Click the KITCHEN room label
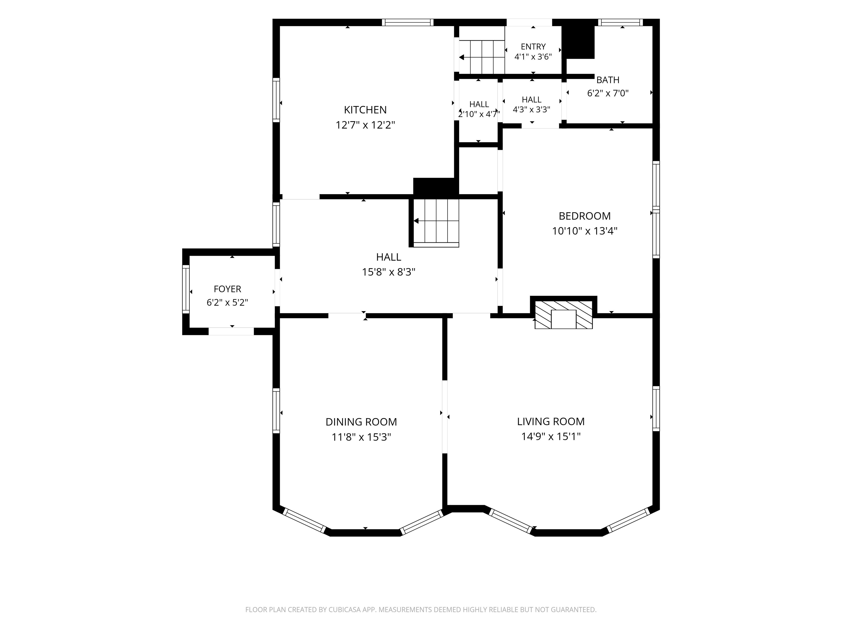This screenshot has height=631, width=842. (365, 110)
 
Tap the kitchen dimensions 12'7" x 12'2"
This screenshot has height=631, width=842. (365, 125)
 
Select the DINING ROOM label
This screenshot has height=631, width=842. (361, 422)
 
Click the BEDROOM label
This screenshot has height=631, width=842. (585, 216)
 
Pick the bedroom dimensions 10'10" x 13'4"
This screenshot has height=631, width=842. (585, 231)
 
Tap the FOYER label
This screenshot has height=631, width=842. (227, 289)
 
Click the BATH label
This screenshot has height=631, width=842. (608, 80)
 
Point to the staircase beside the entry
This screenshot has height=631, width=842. (482, 57)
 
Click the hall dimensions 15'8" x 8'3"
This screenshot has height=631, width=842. (388, 272)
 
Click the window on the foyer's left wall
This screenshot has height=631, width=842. (186, 289)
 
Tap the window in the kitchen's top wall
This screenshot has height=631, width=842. (408, 22)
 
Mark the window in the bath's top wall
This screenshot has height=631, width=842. (621, 22)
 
